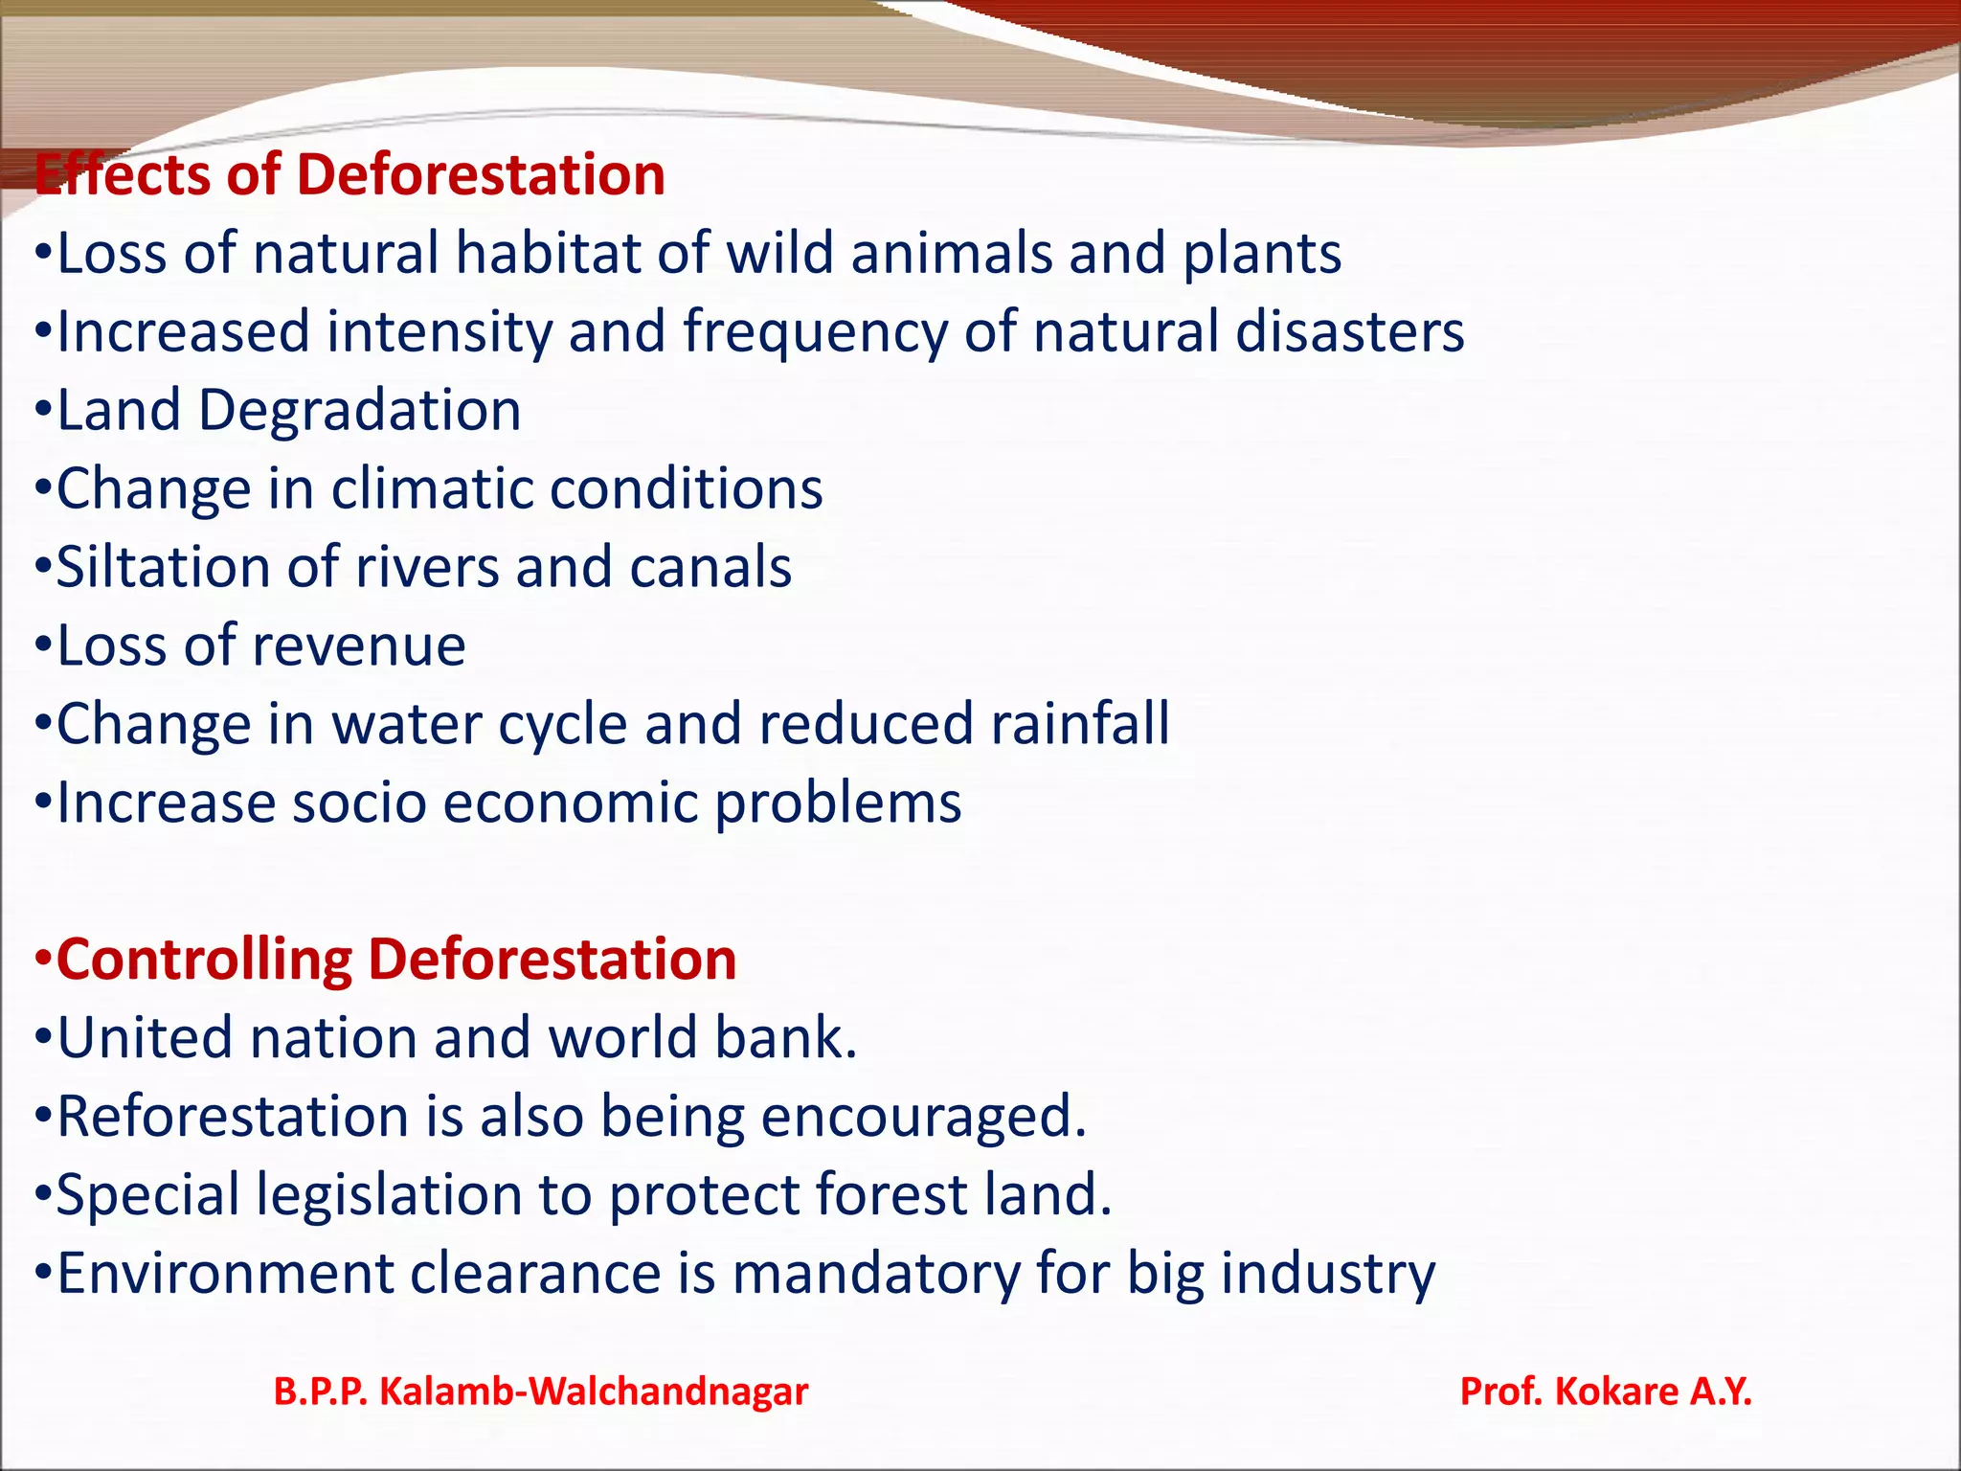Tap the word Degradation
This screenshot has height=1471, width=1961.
pos(359,411)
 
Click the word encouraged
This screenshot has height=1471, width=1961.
pos(924,1117)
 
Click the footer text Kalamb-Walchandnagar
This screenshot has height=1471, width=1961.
pos(594,1392)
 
